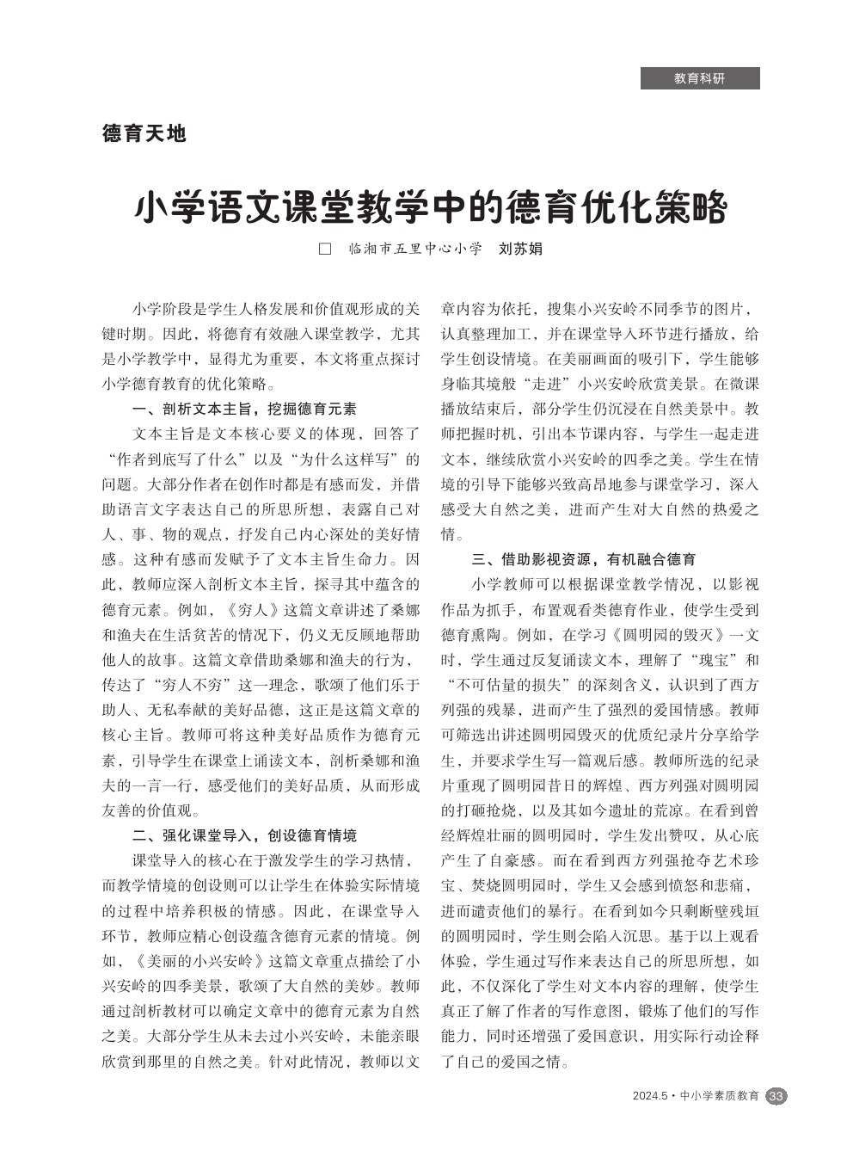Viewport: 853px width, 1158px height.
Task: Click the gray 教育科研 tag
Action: click(x=699, y=78)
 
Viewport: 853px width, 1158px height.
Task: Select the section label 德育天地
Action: click(x=144, y=133)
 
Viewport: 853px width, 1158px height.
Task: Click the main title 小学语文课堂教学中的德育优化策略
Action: click(x=430, y=207)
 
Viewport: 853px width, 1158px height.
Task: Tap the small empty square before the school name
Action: click(x=325, y=249)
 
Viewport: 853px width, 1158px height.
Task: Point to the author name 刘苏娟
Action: click(x=520, y=249)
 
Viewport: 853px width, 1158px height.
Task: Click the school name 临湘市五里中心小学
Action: click(x=414, y=249)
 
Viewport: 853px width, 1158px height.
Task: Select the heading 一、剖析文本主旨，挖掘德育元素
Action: click(x=244, y=409)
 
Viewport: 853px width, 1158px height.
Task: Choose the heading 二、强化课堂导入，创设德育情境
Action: click(x=244, y=835)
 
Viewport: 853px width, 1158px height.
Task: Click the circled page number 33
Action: click(x=776, y=1096)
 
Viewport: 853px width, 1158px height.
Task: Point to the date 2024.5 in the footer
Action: click(x=649, y=1096)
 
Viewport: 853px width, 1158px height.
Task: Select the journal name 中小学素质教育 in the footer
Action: click(x=720, y=1096)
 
